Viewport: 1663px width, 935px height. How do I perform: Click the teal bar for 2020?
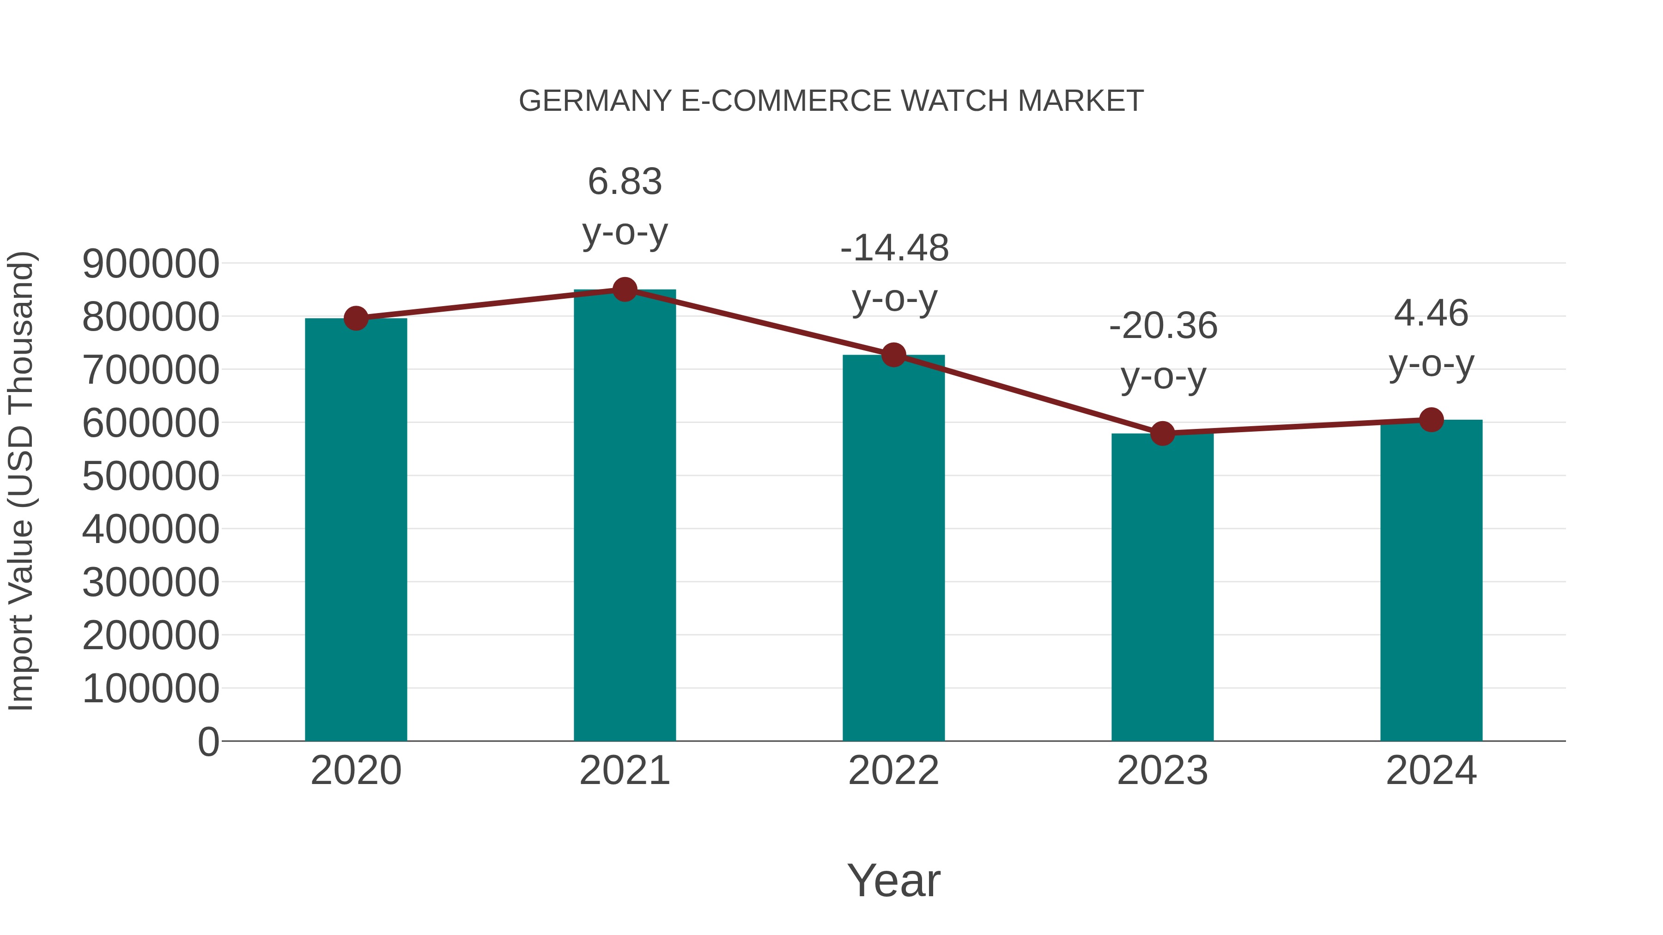356,529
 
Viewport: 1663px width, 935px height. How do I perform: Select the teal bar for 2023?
1162,587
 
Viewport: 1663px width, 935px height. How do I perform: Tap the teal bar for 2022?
893,549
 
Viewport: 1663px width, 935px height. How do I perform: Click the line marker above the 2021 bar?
624,290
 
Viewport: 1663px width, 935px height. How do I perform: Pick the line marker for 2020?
356,318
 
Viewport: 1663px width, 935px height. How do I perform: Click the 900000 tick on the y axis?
151,264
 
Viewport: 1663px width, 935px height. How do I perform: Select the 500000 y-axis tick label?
151,477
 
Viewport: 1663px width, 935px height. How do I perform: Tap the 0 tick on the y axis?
208,742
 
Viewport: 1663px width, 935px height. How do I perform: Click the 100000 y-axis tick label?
151,688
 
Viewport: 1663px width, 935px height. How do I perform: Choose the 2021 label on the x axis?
624,771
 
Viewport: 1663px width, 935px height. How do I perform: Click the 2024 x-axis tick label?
1431,771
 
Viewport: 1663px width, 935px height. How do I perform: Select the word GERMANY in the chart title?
595,101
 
